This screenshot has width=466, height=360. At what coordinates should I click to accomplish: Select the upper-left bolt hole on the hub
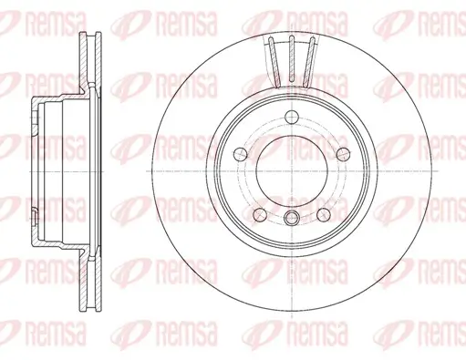point(241,153)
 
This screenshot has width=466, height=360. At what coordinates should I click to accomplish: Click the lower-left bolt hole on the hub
point(260,212)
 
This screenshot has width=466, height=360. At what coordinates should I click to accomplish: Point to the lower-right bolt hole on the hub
point(322,212)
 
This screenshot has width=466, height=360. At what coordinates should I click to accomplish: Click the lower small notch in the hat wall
point(33,216)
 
